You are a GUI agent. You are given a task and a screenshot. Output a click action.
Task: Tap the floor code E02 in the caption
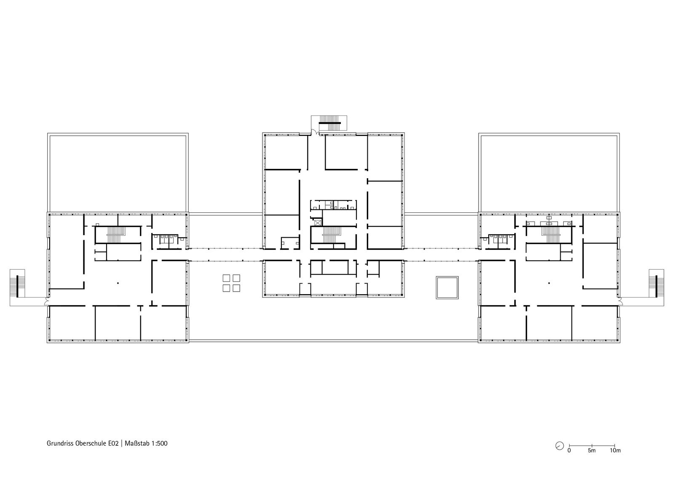pos(113,443)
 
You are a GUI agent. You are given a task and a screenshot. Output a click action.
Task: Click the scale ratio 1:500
pos(160,443)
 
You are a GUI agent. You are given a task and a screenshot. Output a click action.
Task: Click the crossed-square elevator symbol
pos(318,223)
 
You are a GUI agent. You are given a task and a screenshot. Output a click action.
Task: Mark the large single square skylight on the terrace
pos(447,287)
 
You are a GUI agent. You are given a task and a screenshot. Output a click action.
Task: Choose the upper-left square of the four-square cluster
pos(226,278)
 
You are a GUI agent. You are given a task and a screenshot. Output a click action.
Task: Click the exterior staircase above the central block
pos(330,123)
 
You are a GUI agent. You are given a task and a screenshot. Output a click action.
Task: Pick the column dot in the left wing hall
pos(118,283)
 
